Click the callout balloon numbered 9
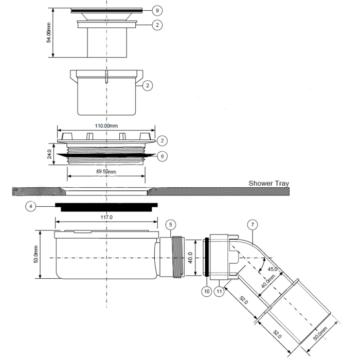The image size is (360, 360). click(159, 10)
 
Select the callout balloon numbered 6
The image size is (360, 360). click(162, 156)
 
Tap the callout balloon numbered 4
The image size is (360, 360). click(31, 206)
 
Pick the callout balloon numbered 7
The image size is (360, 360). click(251, 224)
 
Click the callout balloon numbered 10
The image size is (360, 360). click(207, 292)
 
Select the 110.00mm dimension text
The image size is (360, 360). click(106, 126)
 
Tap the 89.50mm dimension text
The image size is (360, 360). click(106, 171)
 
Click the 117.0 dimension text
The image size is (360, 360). click(106, 218)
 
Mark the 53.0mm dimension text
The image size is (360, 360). click(36, 255)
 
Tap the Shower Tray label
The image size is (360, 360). click(268, 183)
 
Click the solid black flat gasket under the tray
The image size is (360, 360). click(106, 207)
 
